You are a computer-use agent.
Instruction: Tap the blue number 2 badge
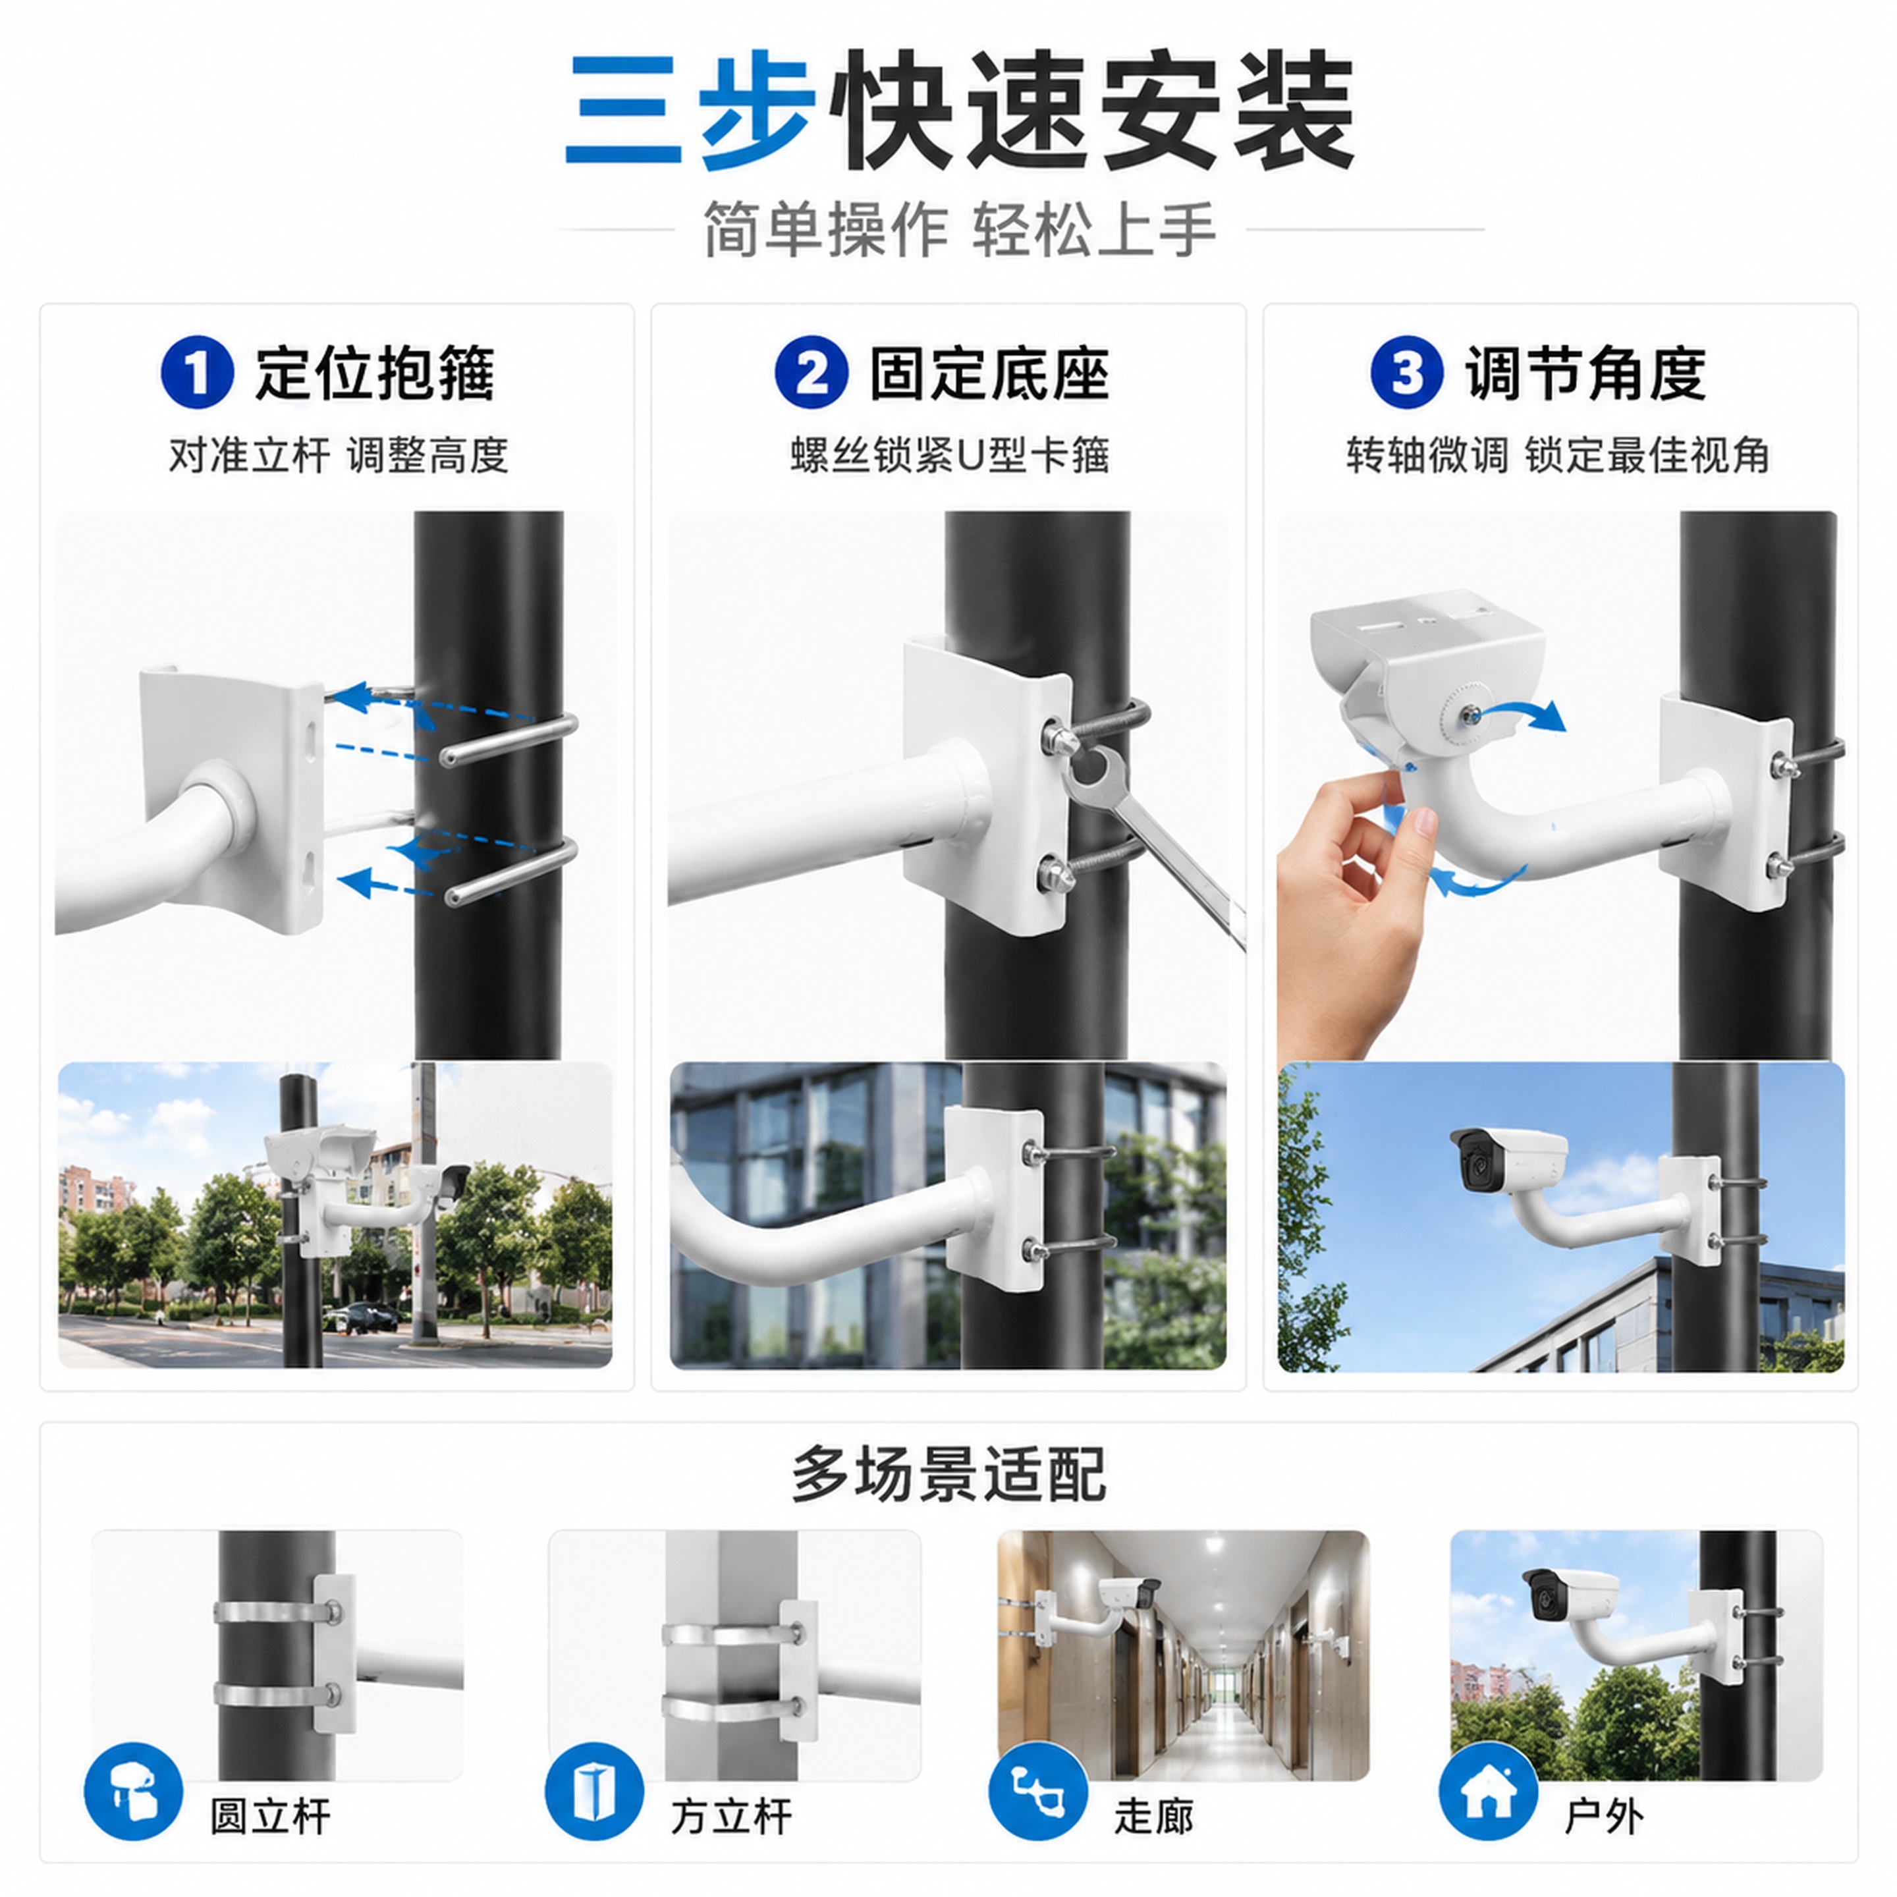coord(811,372)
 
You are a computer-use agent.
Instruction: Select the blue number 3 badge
coord(1407,372)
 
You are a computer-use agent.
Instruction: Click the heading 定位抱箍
coord(375,373)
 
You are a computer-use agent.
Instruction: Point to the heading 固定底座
coord(990,373)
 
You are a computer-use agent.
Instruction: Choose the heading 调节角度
coord(1585,373)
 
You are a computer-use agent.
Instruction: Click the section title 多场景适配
coord(949,1475)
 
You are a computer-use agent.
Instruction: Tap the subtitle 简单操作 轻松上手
coord(959,230)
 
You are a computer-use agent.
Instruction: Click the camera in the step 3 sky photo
coord(1508,1159)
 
